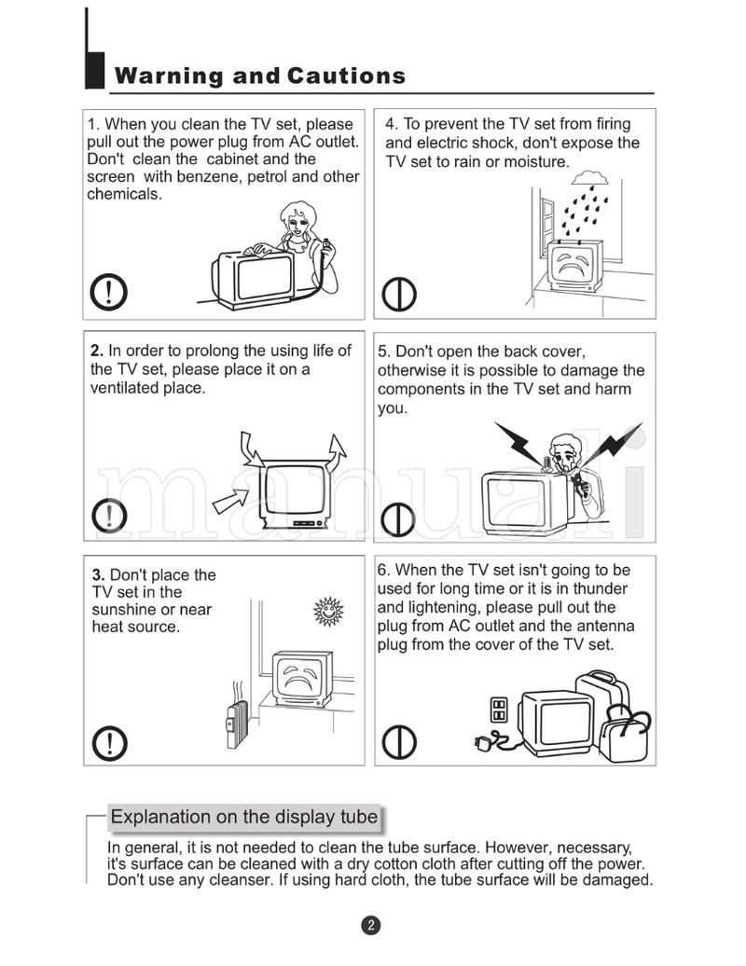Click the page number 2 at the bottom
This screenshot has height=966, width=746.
coord(371,925)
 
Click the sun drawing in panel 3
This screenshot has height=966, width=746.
coord(328,611)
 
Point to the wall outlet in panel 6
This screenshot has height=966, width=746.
coord(499,711)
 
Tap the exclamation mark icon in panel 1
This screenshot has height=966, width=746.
coord(110,293)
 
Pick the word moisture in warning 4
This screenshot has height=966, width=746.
coord(535,161)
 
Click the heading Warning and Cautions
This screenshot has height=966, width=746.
coord(260,76)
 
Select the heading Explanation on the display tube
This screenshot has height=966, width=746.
coord(244,817)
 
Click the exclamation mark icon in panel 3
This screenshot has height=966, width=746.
coord(110,743)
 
